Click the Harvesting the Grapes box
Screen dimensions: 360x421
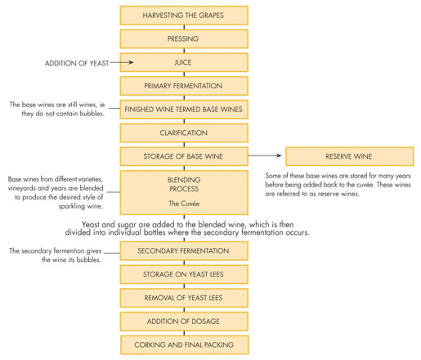184,15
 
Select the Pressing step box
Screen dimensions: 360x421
184,38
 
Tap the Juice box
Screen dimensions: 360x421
184,62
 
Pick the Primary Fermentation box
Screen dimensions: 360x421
184,85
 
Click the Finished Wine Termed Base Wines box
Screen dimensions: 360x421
184,109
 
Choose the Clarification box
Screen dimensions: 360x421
184,133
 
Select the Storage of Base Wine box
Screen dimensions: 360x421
184,155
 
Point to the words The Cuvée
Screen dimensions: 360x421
184,203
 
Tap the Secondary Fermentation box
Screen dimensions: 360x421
184,251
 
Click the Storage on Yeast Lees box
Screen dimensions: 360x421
184,274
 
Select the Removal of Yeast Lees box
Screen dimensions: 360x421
184,298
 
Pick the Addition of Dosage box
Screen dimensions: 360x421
184,321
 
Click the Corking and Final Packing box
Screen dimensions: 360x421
184,344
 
